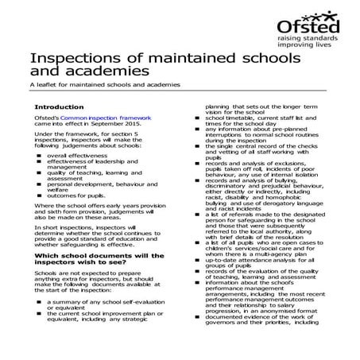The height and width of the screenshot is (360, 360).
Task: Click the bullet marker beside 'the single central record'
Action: point(199,145)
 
